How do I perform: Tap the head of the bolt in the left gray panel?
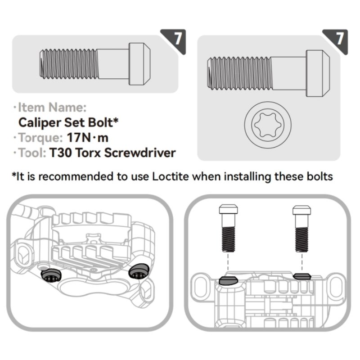[x=139, y=63]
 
